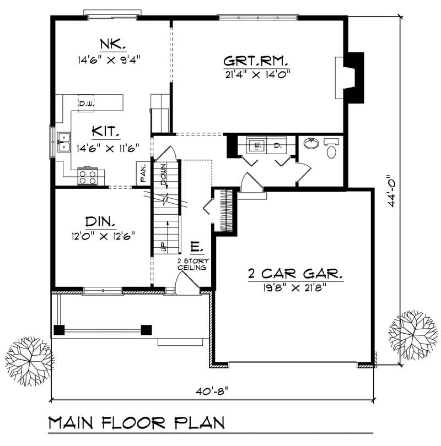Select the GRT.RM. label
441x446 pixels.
(x=256, y=59)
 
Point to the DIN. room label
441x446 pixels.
(x=100, y=222)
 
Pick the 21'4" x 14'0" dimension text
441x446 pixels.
(x=257, y=73)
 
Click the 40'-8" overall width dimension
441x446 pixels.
(x=212, y=391)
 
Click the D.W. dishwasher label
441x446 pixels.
(x=86, y=103)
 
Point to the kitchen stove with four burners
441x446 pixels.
(x=87, y=176)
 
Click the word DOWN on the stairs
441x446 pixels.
(x=164, y=175)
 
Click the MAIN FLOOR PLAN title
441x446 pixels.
(x=137, y=423)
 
